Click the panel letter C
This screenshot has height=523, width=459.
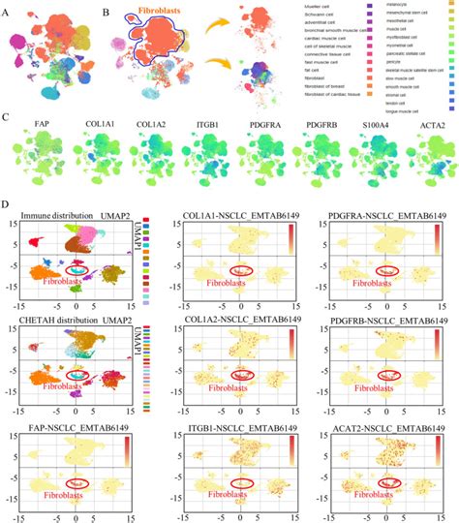[9, 118]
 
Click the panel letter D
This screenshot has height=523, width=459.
[9, 205]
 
